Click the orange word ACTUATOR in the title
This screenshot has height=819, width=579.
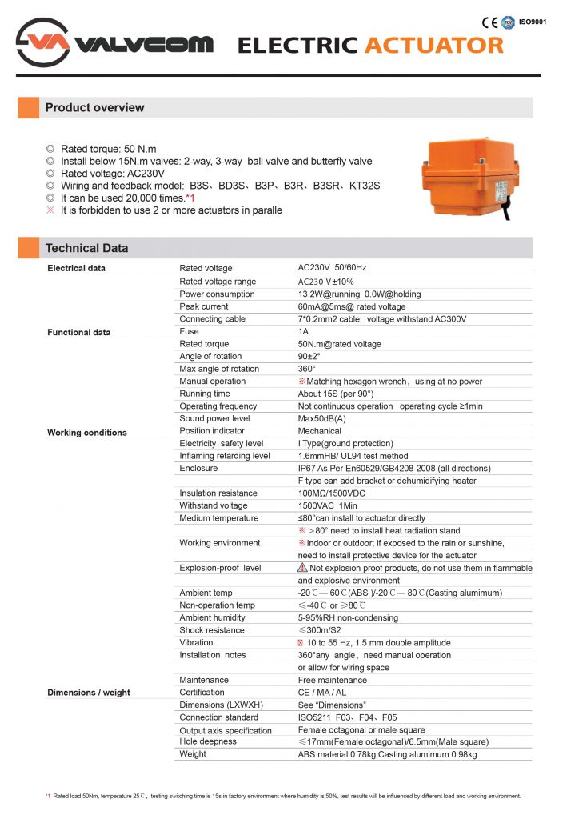pyautogui.click(x=434, y=45)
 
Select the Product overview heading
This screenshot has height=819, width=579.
pyautogui.click(x=94, y=108)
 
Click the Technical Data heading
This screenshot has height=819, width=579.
pyautogui.click(x=86, y=248)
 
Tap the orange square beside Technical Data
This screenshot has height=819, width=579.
pyautogui.click(x=29, y=248)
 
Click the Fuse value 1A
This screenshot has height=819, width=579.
pyautogui.click(x=303, y=331)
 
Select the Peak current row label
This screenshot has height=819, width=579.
pyautogui.click(x=204, y=306)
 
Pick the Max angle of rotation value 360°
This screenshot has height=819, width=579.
pyautogui.click(x=307, y=369)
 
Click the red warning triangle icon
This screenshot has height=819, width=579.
pyautogui.click(x=303, y=568)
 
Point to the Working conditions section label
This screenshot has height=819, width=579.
pyautogui.click(x=87, y=433)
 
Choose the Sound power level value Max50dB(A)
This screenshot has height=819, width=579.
pyautogui.click(x=321, y=418)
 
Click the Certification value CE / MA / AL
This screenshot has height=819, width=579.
pyautogui.click(x=322, y=693)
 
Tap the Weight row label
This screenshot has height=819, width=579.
pyautogui.click(x=193, y=754)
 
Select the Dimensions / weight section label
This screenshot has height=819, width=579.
pyautogui.click(x=89, y=693)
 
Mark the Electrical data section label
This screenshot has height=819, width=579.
pyautogui.click(x=77, y=268)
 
